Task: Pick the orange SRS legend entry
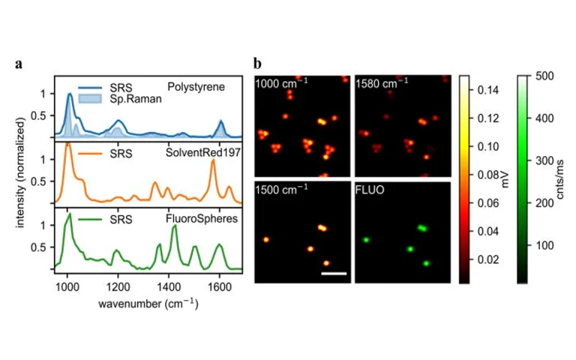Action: click(x=120, y=154)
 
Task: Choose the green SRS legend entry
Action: click(x=120, y=220)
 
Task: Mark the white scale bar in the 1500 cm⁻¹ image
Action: click(x=333, y=273)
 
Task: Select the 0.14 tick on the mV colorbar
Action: click(x=485, y=89)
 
